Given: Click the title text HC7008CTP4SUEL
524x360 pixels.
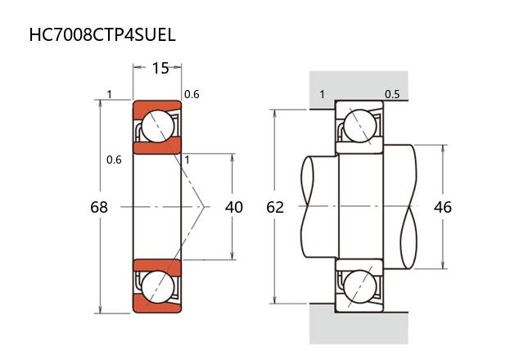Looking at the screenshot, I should click(x=102, y=35).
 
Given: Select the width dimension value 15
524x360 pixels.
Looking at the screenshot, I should click(x=160, y=68).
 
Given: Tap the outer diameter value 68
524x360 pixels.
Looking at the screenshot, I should click(x=99, y=207).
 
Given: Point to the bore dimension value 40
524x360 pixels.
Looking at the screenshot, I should click(x=234, y=207).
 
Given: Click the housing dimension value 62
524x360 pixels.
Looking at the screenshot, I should click(x=275, y=207).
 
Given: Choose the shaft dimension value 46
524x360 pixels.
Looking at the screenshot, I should click(x=443, y=207).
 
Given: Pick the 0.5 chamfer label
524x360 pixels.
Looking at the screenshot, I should click(x=392, y=94).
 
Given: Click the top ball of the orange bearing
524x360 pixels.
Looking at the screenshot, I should click(x=157, y=126).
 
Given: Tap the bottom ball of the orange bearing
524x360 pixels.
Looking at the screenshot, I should click(x=157, y=287).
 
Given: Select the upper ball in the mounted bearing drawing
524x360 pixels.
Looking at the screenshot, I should click(x=360, y=126).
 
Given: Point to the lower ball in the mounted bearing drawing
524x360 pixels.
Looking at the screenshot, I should click(x=360, y=287).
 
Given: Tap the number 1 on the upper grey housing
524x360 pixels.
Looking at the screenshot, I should click(x=322, y=94).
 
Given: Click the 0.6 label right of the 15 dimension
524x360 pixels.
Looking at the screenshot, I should click(x=192, y=94).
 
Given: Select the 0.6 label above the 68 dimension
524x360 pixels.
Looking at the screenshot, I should click(x=114, y=160).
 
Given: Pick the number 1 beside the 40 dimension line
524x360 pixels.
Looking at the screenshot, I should click(x=187, y=160).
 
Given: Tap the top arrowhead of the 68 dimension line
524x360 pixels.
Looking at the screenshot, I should click(x=99, y=103).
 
